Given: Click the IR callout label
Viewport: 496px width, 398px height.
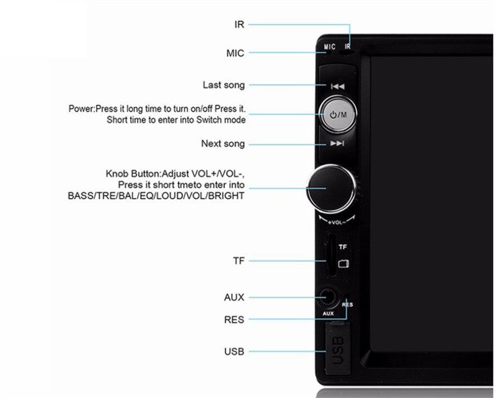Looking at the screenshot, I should (x=239, y=25).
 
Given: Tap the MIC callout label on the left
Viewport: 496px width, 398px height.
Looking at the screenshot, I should (x=235, y=53).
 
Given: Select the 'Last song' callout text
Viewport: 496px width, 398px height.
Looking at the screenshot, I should (x=223, y=85).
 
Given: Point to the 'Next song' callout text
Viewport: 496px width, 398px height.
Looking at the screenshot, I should (x=223, y=144).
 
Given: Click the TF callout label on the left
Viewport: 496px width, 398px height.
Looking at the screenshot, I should (x=239, y=261).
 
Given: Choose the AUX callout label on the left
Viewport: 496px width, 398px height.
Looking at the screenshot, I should (x=234, y=298).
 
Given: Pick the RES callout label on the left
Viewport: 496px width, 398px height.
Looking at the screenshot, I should (x=234, y=320).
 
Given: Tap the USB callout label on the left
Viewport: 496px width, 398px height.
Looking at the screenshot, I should (x=234, y=352).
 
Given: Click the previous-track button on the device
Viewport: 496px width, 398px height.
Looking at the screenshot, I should (x=337, y=87).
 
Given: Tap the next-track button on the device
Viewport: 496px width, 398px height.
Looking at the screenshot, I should (x=337, y=144).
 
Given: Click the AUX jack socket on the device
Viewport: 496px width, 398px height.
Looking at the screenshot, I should (x=326, y=299).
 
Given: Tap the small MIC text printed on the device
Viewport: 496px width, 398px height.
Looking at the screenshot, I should (x=329, y=47).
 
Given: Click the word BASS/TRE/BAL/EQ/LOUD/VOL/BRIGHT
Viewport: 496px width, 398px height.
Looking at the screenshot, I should (x=156, y=196).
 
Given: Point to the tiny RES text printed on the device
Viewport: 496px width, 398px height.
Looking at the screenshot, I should (x=347, y=305).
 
